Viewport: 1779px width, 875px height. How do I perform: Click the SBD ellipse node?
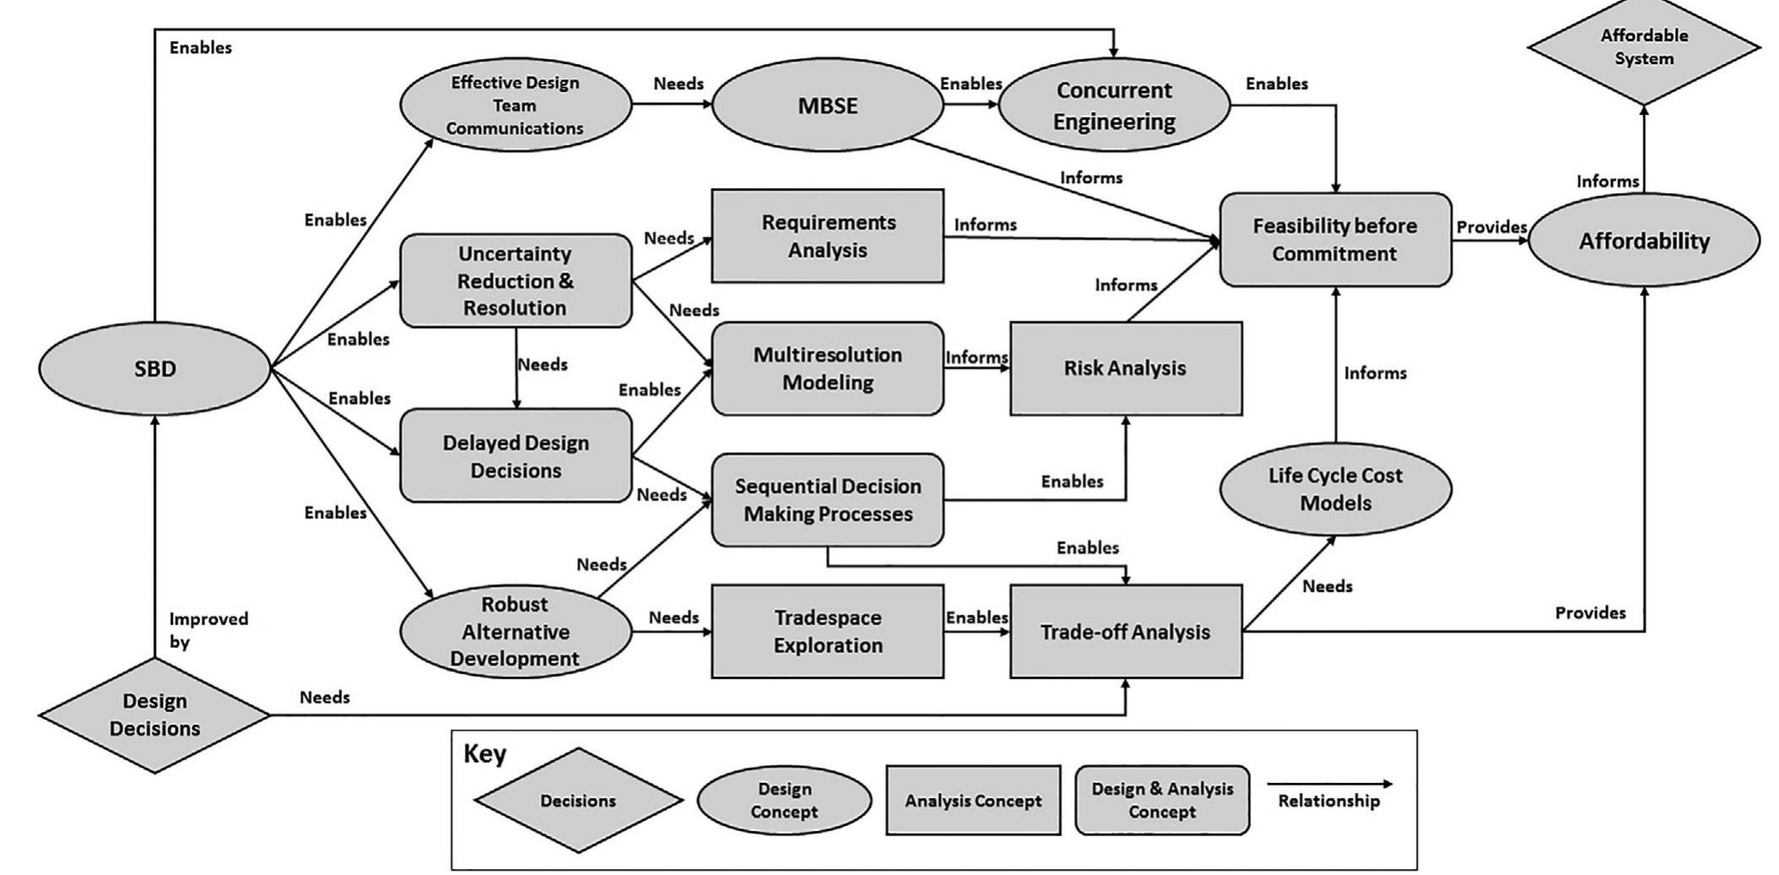[x=154, y=369]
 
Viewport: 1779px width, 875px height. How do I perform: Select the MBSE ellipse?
[x=828, y=106]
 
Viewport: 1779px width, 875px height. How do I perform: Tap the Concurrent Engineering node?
[x=1113, y=106]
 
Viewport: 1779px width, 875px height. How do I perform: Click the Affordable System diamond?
[x=1643, y=47]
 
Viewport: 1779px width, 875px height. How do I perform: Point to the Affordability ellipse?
[x=1643, y=241]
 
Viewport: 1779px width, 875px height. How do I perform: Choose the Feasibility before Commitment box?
[x=1334, y=240]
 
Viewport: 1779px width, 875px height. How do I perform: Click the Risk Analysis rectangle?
[x=1125, y=369]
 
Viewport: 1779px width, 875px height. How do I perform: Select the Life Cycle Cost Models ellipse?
[x=1334, y=489]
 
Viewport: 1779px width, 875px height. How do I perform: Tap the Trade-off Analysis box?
[x=1125, y=632]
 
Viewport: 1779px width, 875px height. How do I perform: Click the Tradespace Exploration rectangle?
[x=828, y=631]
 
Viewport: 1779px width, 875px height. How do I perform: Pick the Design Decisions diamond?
[x=154, y=715]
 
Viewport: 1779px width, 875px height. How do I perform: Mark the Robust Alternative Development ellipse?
[x=515, y=631]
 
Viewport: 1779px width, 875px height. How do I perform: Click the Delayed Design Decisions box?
[x=515, y=456]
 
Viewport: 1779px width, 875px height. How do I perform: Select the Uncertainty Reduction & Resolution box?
[x=515, y=281]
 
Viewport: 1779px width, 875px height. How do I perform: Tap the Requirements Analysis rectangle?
[x=828, y=236]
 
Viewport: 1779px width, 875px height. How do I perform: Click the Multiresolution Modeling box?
[x=828, y=369]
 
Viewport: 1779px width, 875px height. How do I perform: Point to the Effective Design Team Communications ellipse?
[x=515, y=106]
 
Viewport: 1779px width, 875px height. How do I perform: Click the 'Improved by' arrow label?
[x=208, y=629]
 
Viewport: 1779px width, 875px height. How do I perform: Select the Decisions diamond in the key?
[x=578, y=801]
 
